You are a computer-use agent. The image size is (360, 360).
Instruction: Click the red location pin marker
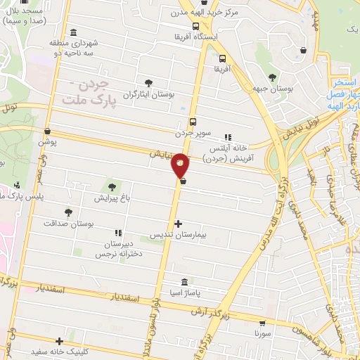[x=181, y=165]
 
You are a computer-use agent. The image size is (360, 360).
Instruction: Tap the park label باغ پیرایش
[x=111, y=198]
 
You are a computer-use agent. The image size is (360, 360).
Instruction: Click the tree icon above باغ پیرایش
[x=111, y=186]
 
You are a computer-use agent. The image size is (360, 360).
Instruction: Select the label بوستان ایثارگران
[x=148, y=94]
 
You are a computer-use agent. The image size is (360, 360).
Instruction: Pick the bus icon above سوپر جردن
[x=193, y=120]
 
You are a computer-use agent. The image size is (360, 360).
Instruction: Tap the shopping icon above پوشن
[x=47, y=131]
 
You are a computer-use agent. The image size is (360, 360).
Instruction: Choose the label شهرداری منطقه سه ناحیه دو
[x=75, y=48]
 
